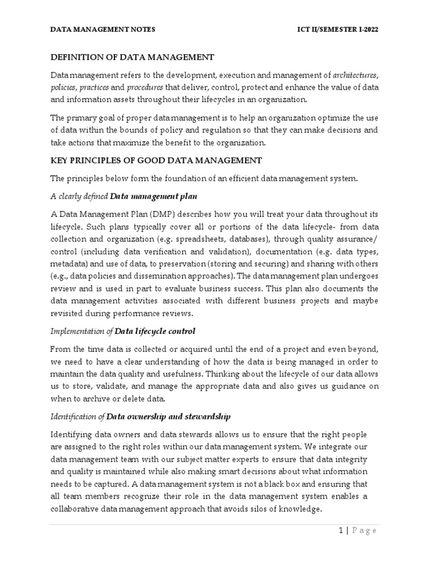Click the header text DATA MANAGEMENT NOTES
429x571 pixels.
103,29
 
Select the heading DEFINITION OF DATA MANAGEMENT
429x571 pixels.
132,57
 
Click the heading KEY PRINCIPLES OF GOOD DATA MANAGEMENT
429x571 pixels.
156,161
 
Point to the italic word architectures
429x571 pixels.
355,75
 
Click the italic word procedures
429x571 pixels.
145,88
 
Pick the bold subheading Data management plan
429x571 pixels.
154,197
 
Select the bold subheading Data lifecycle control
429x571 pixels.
155,331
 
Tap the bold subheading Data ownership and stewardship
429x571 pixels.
168,417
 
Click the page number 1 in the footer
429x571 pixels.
340,530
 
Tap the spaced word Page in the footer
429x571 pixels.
364,530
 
